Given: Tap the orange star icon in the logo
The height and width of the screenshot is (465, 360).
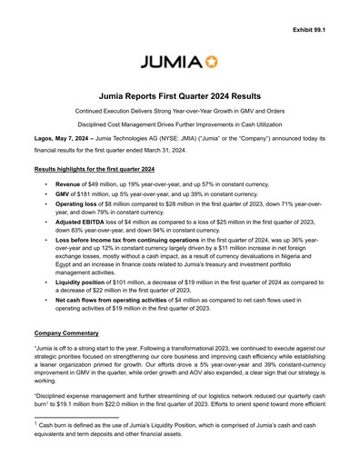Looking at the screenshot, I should [214, 63].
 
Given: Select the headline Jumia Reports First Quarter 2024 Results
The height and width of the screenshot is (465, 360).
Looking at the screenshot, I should [180, 95].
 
